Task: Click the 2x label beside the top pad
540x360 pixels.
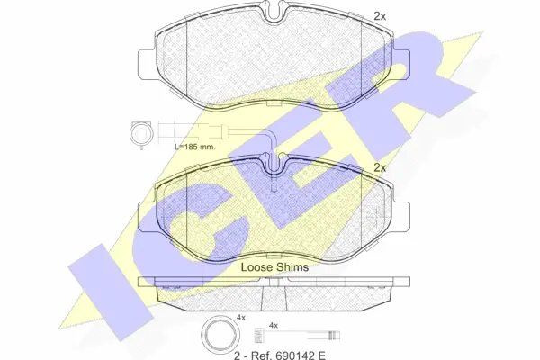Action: tap(380, 16)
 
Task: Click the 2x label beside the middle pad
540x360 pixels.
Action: tap(380, 167)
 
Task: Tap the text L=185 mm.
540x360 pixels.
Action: tap(195, 147)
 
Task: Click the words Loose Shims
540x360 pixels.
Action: tap(274, 267)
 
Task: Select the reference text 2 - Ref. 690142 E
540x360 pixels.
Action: tap(280, 355)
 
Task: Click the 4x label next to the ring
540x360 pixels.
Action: tap(240, 318)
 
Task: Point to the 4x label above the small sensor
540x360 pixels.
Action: tap(274, 325)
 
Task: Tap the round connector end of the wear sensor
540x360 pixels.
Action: tap(139, 133)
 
